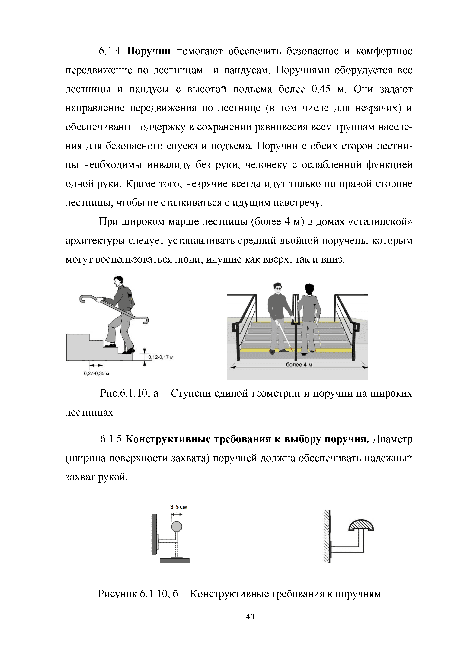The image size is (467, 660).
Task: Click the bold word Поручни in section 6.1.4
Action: [149, 51]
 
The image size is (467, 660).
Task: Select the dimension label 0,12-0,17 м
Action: [161, 357]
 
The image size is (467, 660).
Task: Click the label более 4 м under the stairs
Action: [299, 365]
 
